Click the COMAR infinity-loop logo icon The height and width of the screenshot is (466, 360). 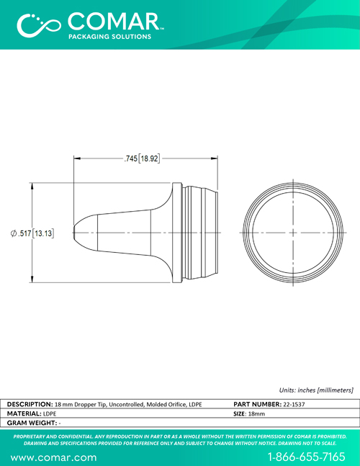pos(39,25)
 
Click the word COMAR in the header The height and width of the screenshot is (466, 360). pos(114,22)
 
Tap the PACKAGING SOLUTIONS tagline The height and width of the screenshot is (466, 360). pos(110,37)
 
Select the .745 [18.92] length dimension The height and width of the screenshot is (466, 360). pos(142,158)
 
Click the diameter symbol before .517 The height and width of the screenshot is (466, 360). pos(14,233)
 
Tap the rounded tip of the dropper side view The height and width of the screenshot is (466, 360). pos(74,233)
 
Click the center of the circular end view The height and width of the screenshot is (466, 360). pos(293,233)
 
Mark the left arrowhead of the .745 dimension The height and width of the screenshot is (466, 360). pos(77,158)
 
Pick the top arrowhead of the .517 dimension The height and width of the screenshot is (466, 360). pos(32,186)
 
